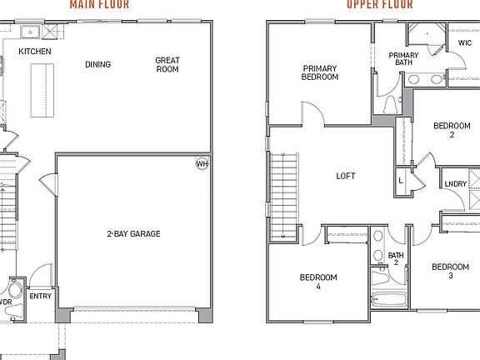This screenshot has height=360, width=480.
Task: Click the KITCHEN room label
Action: [35, 52]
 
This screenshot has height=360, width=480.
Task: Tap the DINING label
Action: [97, 64]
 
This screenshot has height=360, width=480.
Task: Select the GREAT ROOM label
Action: [167, 65]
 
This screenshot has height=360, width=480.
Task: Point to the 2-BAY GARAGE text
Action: [133, 233]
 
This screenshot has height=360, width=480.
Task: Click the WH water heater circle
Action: [202, 163]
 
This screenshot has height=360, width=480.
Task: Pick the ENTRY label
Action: [40, 296]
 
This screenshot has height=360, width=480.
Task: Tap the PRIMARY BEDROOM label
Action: [320, 72]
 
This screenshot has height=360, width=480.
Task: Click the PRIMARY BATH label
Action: [403, 58]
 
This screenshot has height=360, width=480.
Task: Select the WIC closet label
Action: [464, 42]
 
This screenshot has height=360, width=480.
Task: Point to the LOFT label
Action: [345, 176]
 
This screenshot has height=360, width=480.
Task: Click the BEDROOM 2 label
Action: [451, 130]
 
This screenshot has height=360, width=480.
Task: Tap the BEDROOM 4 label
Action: [318, 282]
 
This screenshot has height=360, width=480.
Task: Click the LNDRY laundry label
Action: [455, 184]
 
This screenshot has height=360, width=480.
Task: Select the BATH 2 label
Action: [395, 258]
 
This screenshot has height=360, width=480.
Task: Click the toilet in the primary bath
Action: [390, 104]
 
